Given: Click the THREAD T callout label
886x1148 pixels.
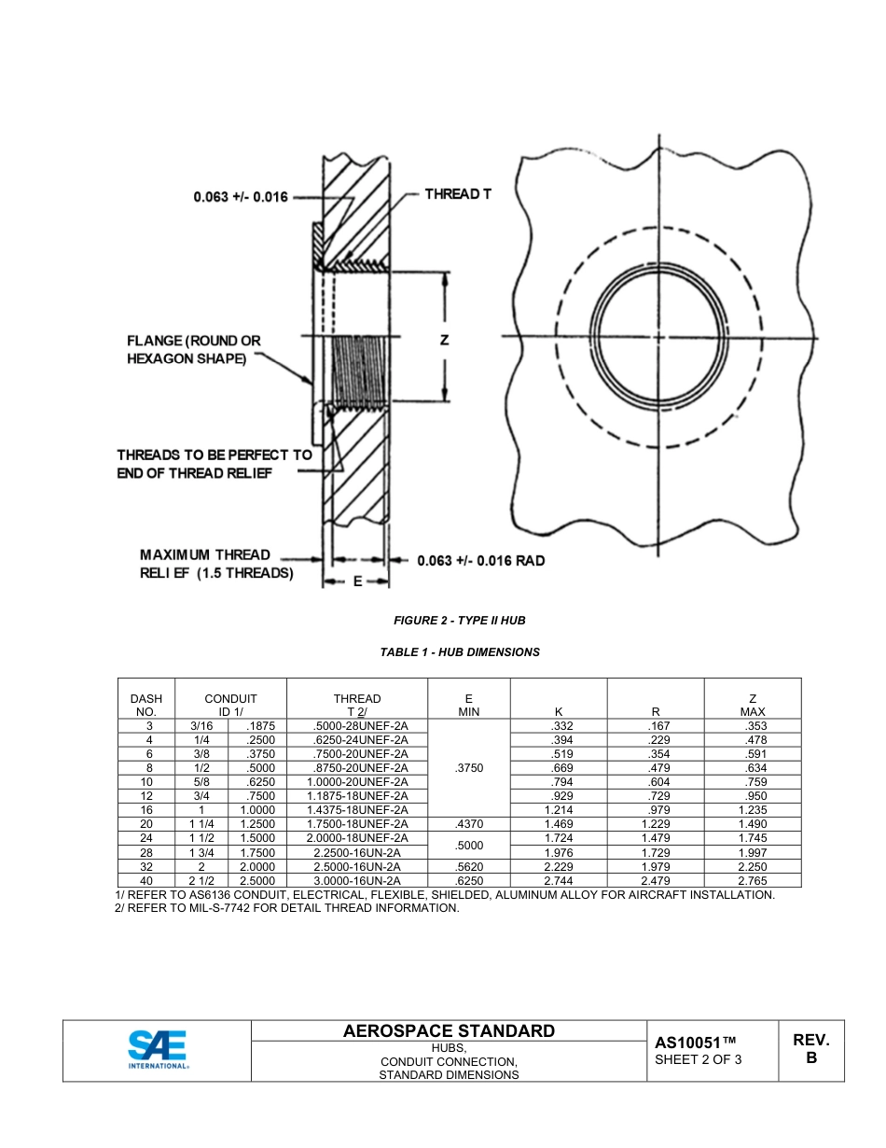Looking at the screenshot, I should tap(457, 194).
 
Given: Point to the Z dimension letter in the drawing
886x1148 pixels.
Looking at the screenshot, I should tap(445, 341).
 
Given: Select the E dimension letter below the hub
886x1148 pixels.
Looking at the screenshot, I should tap(356, 581).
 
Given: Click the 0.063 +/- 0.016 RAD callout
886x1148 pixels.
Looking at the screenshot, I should tap(480, 561).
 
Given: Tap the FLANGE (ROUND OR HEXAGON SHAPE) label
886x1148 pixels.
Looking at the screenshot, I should tap(194, 350).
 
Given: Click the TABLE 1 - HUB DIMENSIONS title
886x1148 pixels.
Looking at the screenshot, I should tap(459, 652).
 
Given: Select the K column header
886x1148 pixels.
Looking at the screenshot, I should tap(559, 712).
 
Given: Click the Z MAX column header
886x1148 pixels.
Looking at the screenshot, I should tap(753, 705).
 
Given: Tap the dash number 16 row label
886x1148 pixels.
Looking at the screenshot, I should tap(146, 810).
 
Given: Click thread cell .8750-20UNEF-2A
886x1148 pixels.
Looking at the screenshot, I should tap(356, 768).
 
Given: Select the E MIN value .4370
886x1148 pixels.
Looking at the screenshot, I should tap(468, 824).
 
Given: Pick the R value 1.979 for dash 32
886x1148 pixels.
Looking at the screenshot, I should tap(656, 866).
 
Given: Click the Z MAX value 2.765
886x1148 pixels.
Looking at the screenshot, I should tap(753, 880).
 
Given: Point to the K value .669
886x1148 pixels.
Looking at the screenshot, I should tap(561, 768).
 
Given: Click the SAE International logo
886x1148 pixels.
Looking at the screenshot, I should tap(158, 1050).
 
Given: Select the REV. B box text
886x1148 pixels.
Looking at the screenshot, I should tap(810, 1049).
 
